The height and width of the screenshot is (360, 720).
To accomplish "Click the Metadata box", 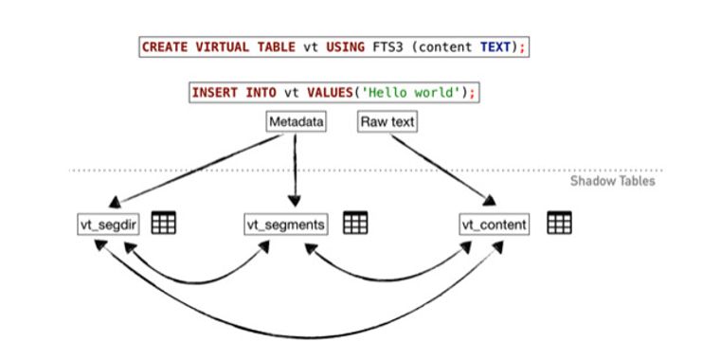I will coord(296,122).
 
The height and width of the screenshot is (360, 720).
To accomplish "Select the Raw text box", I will coord(387,122).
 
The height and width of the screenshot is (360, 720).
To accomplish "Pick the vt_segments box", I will coord(285,225).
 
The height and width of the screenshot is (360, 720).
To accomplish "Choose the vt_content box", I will coord(495,225).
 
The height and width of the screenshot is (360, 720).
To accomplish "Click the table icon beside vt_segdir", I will coord(164,224).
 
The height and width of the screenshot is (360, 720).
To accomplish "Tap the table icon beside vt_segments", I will coord(355,224).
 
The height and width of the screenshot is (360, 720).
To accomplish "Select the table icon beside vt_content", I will coord(559,224).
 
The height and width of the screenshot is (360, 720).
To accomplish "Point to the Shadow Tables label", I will coord(612,181).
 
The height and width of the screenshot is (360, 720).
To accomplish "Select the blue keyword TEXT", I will coord(494,46).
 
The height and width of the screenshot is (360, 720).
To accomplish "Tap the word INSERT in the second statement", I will coord(215,93).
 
